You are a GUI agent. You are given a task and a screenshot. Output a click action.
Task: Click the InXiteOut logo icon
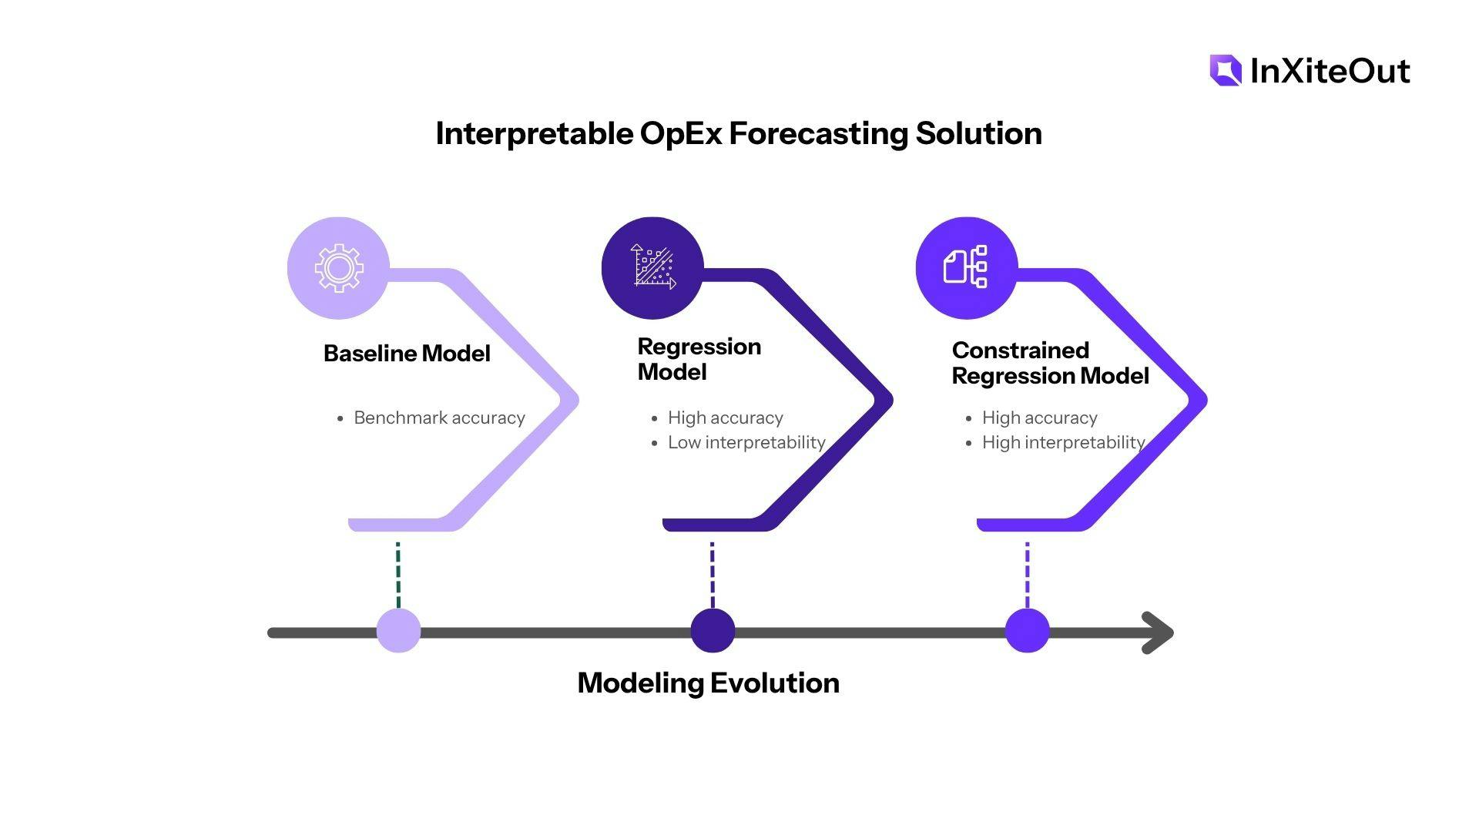[x=1226, y=70]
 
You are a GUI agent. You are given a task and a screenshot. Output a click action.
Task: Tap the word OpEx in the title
[x=681, y=133]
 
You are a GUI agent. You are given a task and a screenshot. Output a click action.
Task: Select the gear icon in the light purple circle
[x=338, y=268]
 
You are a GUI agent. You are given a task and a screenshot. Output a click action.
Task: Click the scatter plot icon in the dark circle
[x=653, y=267]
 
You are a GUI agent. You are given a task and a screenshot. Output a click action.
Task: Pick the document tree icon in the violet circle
[x=966, y=267]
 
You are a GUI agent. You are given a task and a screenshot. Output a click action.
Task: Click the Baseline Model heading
[x=407, y=354]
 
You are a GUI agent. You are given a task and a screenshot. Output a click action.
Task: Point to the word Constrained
[x=1020, y=351]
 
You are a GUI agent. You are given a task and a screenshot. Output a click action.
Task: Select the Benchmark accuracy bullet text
[x=439, y=418]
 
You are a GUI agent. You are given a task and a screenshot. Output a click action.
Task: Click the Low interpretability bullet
[x=746, y=442]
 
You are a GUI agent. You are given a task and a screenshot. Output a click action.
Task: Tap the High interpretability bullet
[x=1063, y=442]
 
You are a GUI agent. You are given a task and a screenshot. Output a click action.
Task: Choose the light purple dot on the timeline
[x=398, y=631]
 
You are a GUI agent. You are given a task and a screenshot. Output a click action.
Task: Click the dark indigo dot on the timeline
[x=713, y=631]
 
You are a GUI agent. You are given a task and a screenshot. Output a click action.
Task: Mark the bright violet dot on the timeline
[x=1027, y=631]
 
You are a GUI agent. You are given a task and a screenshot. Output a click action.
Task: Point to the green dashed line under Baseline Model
[x=398, y=575]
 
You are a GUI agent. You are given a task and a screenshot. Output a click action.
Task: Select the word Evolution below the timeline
[x=774, y=683]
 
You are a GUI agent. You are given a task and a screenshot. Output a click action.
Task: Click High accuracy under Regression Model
[x=725, y=418]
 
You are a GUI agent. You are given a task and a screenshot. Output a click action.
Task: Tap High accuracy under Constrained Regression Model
[x=1039, y=418]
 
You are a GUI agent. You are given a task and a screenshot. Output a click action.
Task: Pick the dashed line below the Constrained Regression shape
[x=1027, y=575]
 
